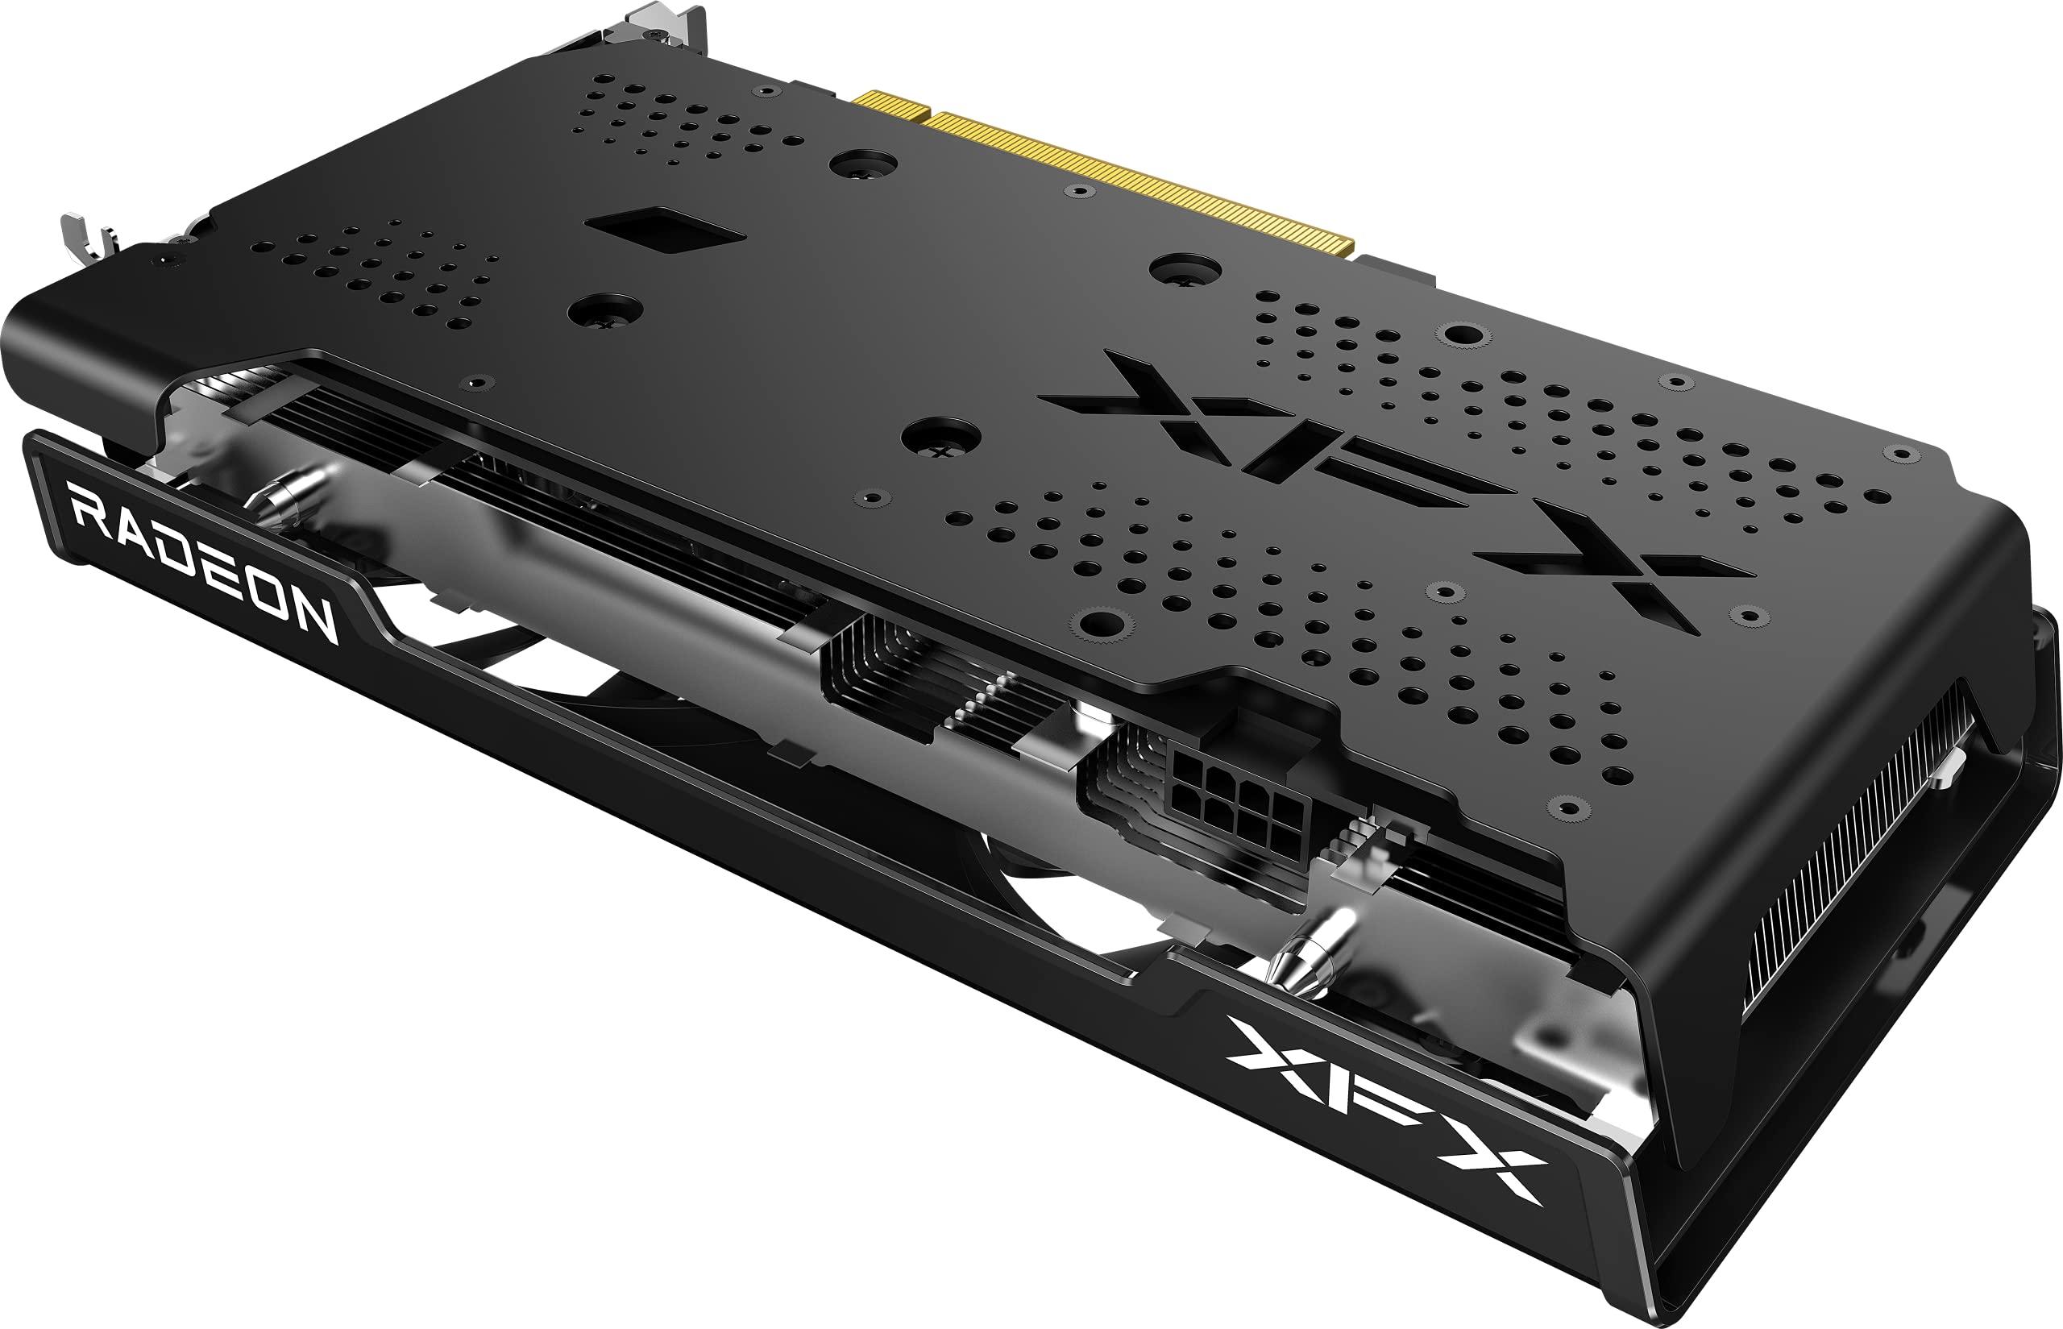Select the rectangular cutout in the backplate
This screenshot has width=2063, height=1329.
(x=665, y=228)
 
